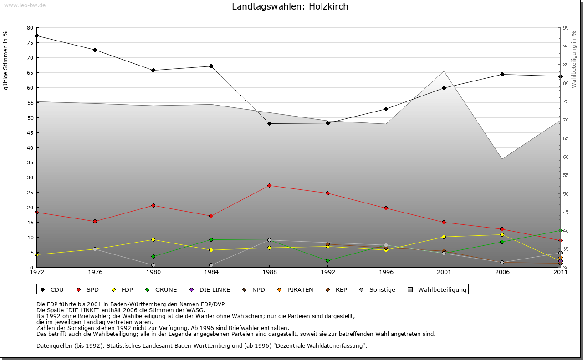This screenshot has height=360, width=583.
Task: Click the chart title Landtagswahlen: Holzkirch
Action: (x=290, y=7)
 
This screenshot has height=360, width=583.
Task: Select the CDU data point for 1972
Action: (x=36, y=35)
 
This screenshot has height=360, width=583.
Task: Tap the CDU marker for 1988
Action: (x=269, y=123)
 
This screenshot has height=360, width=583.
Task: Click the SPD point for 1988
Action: (x=269, y=185)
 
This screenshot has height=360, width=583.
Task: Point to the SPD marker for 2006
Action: (x=502, y=229)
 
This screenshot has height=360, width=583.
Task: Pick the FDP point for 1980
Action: (x=153, y=239)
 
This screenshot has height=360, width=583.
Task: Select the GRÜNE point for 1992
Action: (x=327, y=260)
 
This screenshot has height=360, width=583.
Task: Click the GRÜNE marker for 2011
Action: (x=560, y=230)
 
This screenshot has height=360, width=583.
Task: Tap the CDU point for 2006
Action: (x=502, y=74)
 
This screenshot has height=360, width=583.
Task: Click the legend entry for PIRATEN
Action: (x=296, y=289)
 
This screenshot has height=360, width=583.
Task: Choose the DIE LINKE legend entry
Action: (x=210, y=289)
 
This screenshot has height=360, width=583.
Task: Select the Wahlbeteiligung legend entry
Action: (x=437, y=289)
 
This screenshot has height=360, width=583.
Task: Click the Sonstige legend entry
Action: (x=378, y=289)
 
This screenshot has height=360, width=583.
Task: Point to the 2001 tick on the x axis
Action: (x=444, y=272)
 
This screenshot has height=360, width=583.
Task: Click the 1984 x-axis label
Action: (x=211, y=272)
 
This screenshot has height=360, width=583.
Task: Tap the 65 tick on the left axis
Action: (x=30, y=72)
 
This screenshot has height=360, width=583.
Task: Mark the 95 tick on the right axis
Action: (x=565, y=28)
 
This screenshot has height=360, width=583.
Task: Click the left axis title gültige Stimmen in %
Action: (x=6, y=60)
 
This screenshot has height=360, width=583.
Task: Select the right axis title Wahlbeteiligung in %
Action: (x=574, y=59)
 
